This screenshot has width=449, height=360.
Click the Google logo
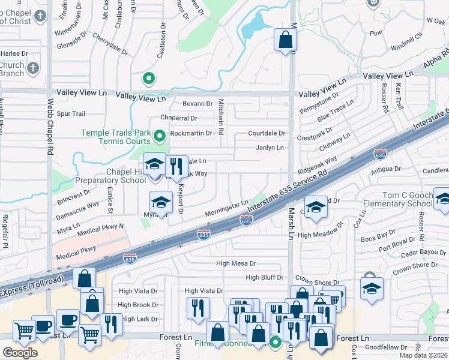pyautogui.click(x=20, y=352)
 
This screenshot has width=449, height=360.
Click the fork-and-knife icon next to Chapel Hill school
pyautogui.click(x=176, y=166)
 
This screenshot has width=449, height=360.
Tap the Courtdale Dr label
pyautogui.click(x=268, y=133)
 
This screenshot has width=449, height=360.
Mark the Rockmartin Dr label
pyautogui.click(x=191, y=133)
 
